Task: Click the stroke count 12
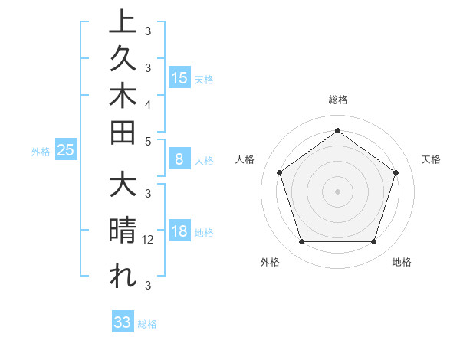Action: point(149,240)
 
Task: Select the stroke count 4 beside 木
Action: point(148,103)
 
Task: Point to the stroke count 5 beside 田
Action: point(148,141)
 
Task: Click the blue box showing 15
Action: point(179,78)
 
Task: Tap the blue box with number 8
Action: point(179,159)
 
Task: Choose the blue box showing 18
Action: point(179,232)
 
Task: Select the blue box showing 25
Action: point(65,151)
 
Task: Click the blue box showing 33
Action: point(123,322)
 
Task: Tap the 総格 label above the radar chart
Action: point(338,100)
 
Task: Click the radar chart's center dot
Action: point(337,191)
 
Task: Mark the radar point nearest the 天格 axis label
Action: point(396,172)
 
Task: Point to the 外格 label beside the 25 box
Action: point(41,152)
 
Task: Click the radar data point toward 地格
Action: point(373,242)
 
